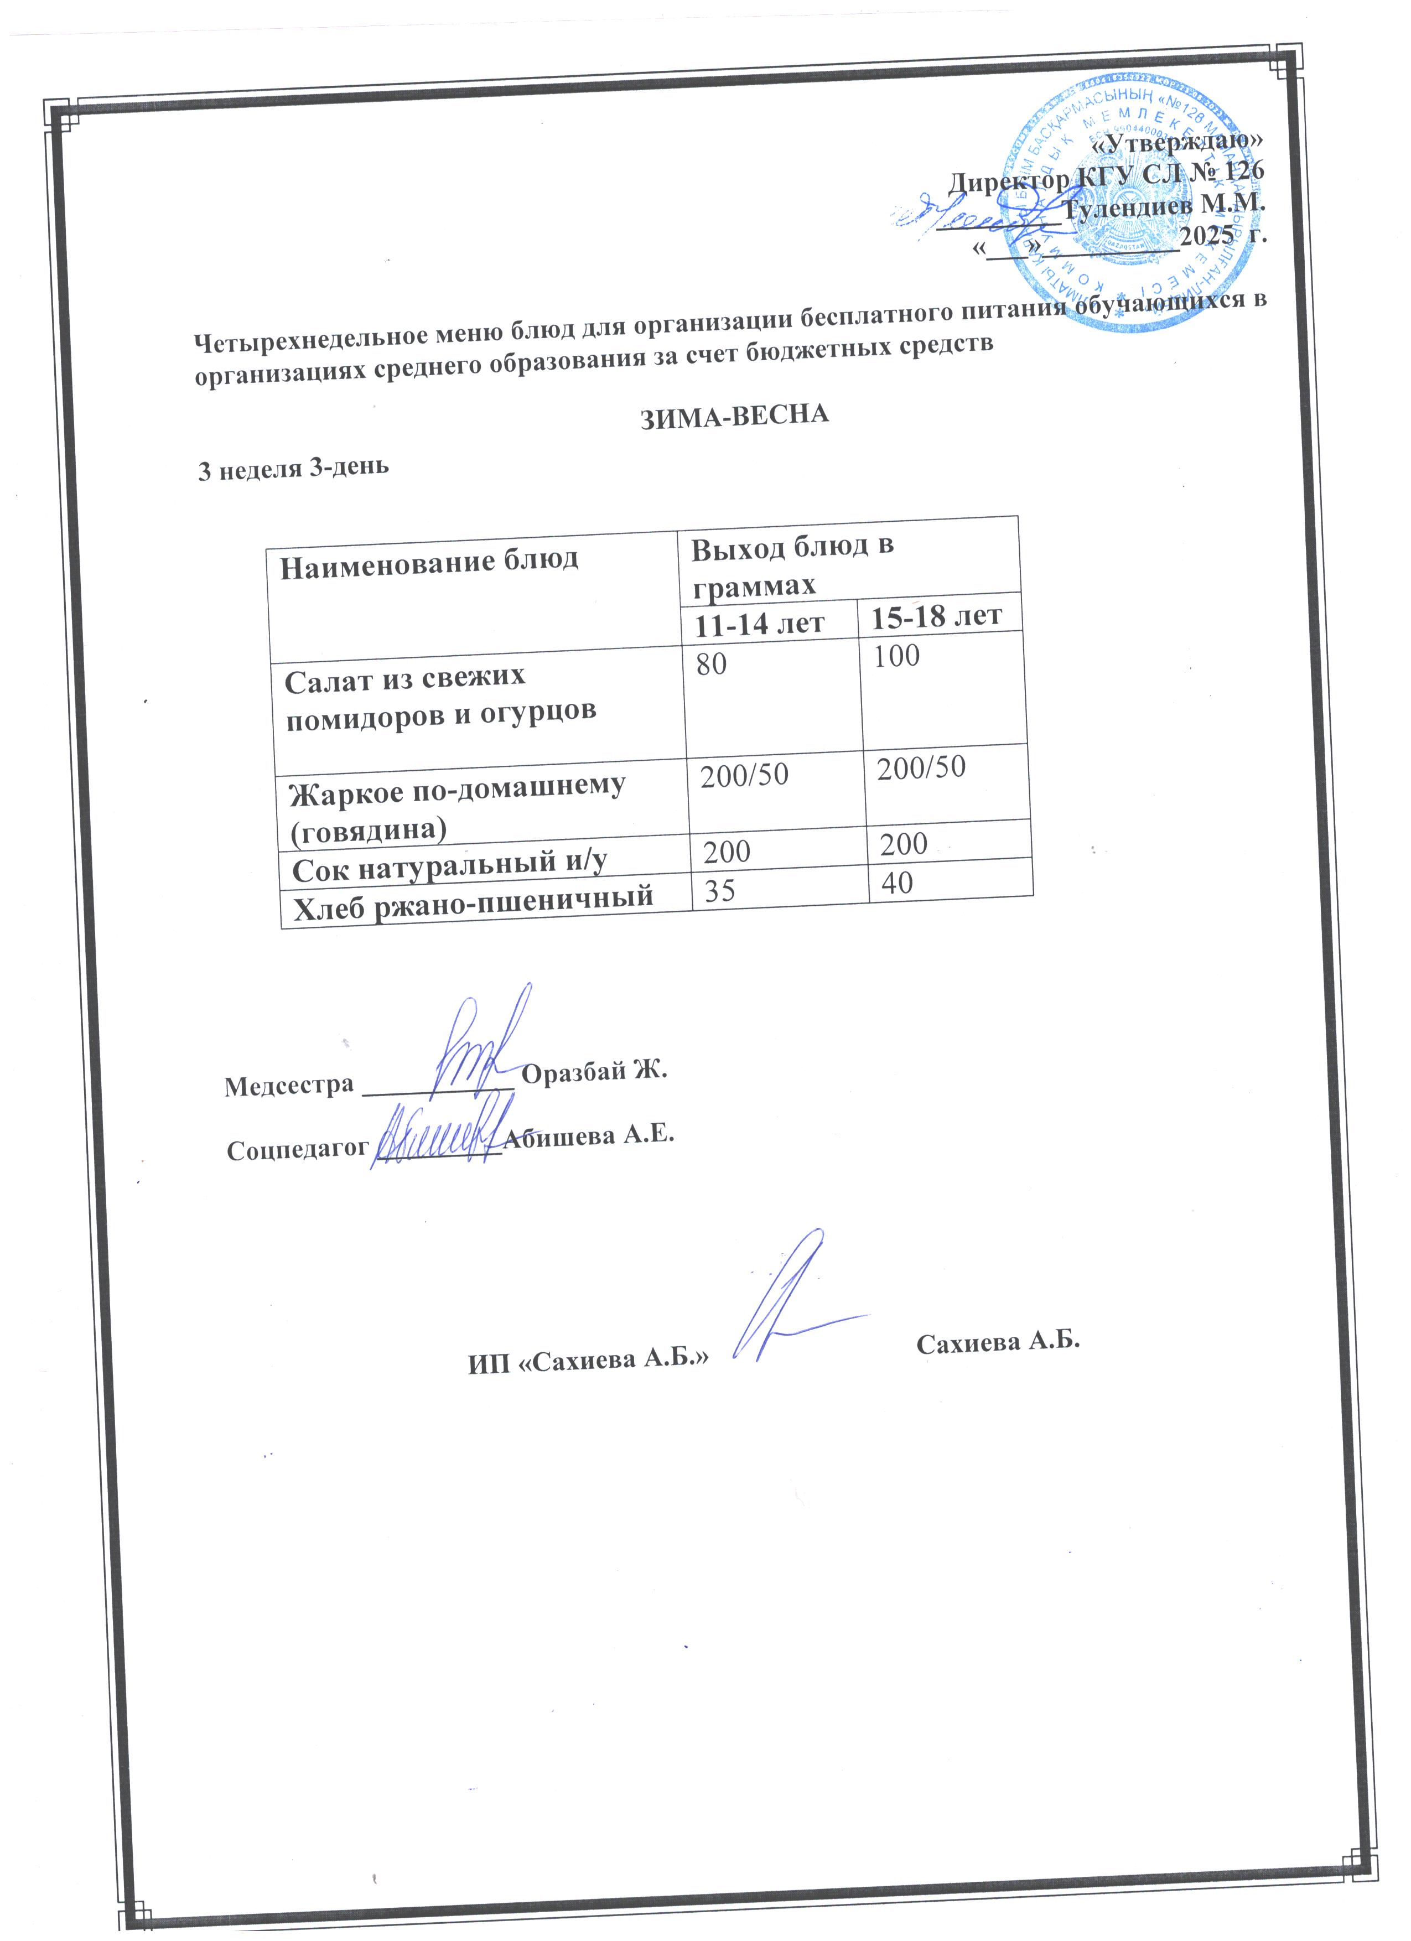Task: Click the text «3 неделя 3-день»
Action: click(293, 468)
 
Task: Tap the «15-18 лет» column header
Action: click(936, 616)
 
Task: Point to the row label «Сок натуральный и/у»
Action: click(450, 866)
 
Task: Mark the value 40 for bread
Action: click(897, 883)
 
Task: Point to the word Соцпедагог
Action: click(298, 1149)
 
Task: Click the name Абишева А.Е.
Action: click(589, 1136)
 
